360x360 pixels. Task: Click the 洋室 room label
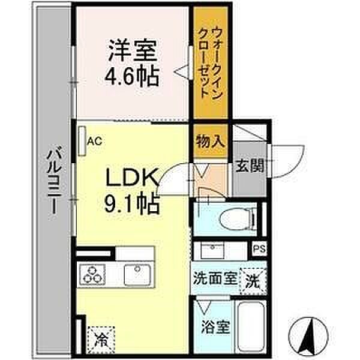[133, 50]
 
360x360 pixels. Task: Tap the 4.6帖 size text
[132, 76]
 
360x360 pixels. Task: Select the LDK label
[132, 178]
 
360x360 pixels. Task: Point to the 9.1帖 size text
[132, 203]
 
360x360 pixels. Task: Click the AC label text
[94, 141]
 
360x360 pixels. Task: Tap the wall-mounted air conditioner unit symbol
[82, 141]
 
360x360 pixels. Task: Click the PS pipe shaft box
[259, 248]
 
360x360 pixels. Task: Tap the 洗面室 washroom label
[215, 278]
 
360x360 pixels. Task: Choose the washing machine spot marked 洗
[253, 281]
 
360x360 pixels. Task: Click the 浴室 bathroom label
[215, 327]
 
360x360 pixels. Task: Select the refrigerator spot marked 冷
[101, 340]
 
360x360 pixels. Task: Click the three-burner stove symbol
[92, 275]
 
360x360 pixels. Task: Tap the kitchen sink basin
[137, 275]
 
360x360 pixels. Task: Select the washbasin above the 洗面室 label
[212, 250]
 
